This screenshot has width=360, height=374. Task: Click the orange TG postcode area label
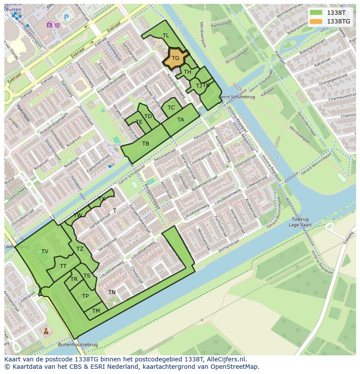coord(175,58)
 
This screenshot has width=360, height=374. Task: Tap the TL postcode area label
coord(166,36)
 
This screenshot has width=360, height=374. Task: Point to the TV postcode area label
coord(45,252)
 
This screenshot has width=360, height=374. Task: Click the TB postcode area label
coord(146,144)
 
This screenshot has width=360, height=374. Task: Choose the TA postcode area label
coord(180,120)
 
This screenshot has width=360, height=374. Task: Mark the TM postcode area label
coord(96,311)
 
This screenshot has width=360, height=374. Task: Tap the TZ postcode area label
coord(80,249)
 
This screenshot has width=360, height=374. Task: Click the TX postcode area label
coord(102,199)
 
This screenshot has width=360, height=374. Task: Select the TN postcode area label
coord(112,292)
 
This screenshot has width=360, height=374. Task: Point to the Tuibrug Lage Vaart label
coord(300,222)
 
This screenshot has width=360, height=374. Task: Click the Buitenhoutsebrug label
coord(77,345)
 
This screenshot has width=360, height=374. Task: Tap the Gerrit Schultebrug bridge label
coord(237,97)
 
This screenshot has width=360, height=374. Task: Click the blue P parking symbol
coord(67,17)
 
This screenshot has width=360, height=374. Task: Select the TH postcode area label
coord(187,72)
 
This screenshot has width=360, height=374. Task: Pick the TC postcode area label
coord(171,108)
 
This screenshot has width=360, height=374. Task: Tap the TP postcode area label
coord(85,296)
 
